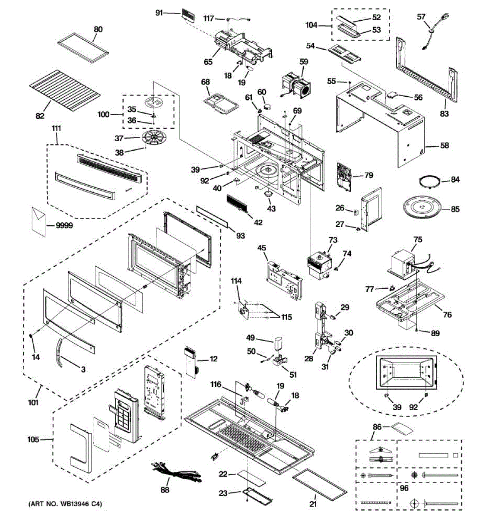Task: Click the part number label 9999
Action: [64, 225]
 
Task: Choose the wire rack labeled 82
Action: [65, 87]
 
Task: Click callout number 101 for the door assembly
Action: [33, 402]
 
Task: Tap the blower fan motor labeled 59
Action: [296, 86]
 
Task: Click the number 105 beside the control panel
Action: [33, 439]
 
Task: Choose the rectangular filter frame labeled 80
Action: [83, 48]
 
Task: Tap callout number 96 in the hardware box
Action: [404, 488]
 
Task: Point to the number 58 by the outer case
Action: [445, 145]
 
